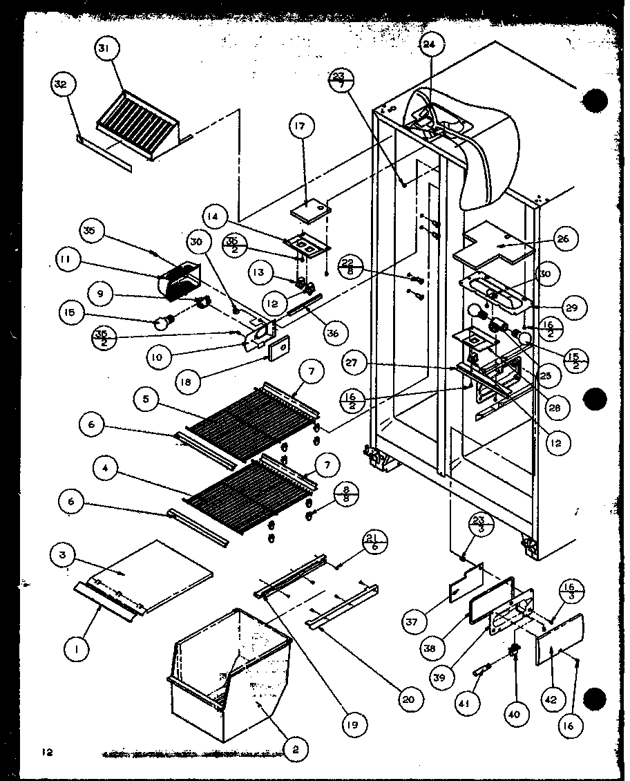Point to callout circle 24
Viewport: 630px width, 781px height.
tap(430, 46)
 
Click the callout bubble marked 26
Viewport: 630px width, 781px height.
tap(563, 239)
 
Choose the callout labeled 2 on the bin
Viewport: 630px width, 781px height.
tap(295, 748)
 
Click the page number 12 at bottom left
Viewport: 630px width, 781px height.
tap(46, 751)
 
